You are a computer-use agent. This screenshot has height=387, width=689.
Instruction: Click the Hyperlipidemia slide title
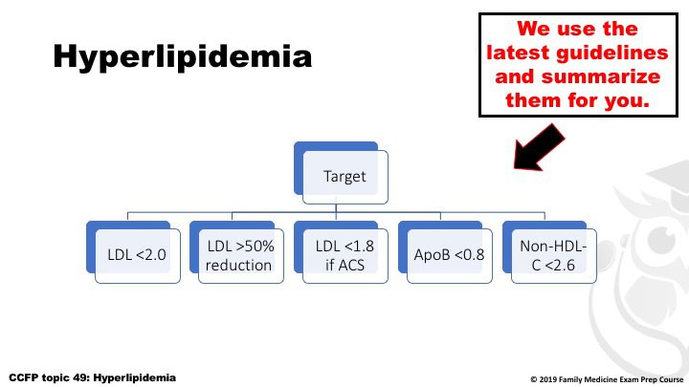point(183,57)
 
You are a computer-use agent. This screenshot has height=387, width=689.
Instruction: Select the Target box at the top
point(341,173)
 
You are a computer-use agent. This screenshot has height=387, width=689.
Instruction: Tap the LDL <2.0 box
point(133,252)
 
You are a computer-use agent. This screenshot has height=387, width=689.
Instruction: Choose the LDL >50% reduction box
point(237,252)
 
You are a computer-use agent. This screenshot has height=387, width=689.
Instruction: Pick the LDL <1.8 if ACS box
point(341,252)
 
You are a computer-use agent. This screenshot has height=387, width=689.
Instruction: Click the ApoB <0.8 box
point(445,252)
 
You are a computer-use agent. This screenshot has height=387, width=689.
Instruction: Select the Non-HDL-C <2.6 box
point(549,252)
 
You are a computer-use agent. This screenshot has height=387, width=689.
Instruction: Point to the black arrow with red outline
point(539,147)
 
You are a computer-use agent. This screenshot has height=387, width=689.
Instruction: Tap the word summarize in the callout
point(601,76)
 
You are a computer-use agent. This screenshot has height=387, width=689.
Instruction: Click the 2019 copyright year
point(547,379)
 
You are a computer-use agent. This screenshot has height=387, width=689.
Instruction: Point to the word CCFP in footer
point(23,377)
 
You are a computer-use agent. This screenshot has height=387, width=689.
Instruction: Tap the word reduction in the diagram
point(238,265)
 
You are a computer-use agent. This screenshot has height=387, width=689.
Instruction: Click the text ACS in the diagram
point(350,265)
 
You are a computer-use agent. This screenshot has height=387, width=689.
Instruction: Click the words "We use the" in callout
point(577,29)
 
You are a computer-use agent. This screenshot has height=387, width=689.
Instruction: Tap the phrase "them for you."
point(577,100)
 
